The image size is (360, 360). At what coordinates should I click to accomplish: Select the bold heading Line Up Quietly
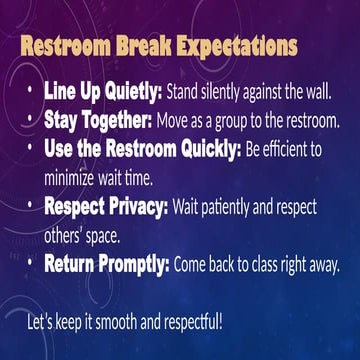[x=102, y=93]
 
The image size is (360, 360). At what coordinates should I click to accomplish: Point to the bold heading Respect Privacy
[x=107, y=209]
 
